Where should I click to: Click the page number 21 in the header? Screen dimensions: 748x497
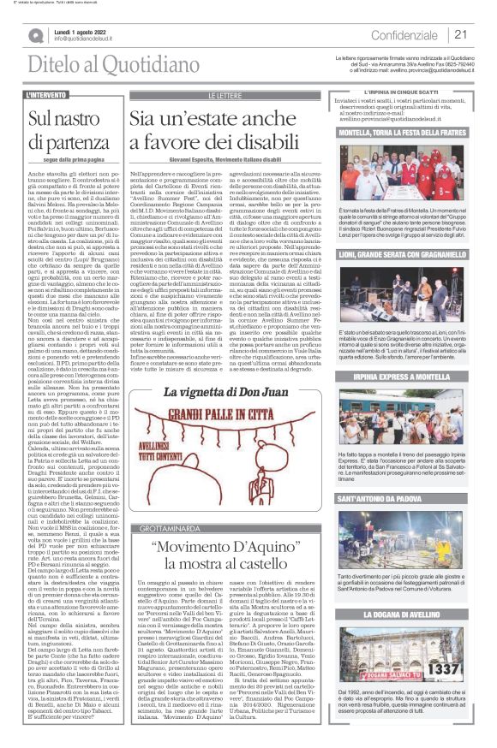pos(460,34)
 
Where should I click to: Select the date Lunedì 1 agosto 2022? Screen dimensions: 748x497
pos(85,30)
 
